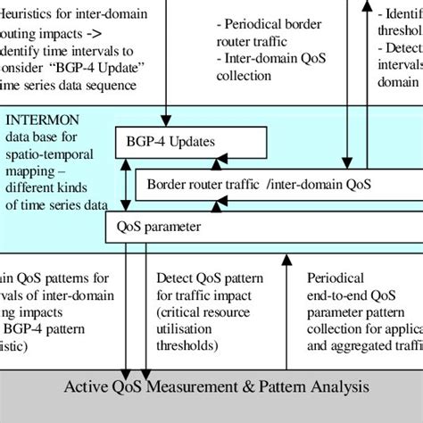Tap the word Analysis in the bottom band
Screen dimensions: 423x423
338,387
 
